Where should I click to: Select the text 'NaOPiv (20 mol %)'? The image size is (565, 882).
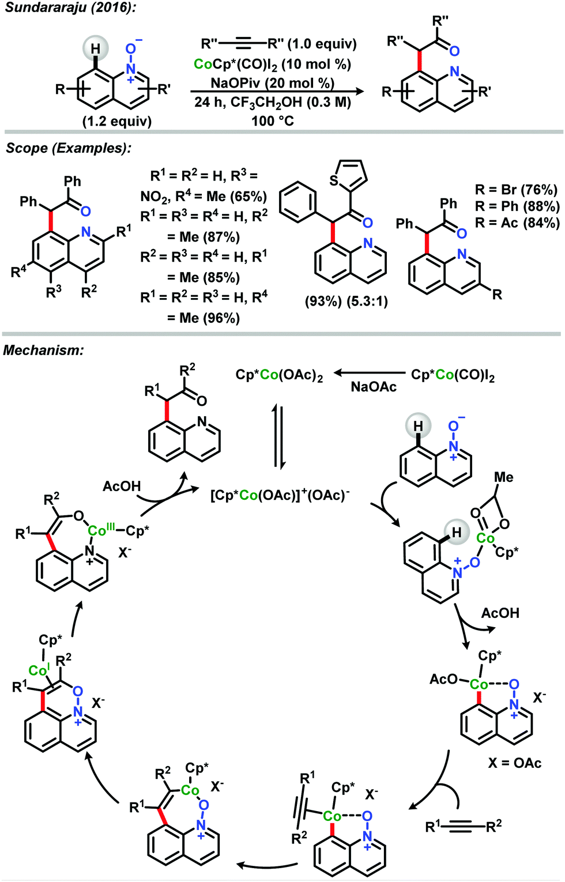pyautogui.click(x=272, y=83)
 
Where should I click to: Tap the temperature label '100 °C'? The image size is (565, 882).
pyautogui.click(x=272, y=121)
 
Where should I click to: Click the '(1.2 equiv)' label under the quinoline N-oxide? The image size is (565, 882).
pyautogui.click(x=117, y=121)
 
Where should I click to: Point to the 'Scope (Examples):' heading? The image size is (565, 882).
pyautogui.click(x=69, y=148)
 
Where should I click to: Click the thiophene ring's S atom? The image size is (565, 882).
pyautogui.click(x=334, y=180)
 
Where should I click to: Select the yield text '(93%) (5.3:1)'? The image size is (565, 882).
pyautogui.click(x=346, y=301)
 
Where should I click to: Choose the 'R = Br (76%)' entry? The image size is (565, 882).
pyautogui.click(x=516, y=190)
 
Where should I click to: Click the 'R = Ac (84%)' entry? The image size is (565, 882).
pyautogui.click(x=516, y=223)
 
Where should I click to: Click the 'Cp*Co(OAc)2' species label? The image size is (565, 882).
pyautogui.click(x=279, y=375)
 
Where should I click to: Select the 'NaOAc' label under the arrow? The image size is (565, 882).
pyautogui.click(x=374, y=387)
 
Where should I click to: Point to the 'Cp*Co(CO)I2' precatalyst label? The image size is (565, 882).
pyautogui.click(x=453, y=375)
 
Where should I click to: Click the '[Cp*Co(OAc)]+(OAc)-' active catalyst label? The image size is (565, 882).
pyautogui.click(x=280, y=495)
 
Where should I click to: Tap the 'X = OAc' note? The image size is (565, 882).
pyautogui.click(x=515, y=763)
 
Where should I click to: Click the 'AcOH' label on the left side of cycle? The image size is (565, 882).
pyautogui.click(x=121, y=487)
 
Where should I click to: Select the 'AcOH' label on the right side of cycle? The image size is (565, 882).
pyautogui.click(x=500, y=613)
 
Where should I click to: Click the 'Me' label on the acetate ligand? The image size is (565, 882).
pyautogui.click(x=503, y=477)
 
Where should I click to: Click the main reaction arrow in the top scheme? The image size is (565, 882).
pyautogui.click(x=277, y=91)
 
